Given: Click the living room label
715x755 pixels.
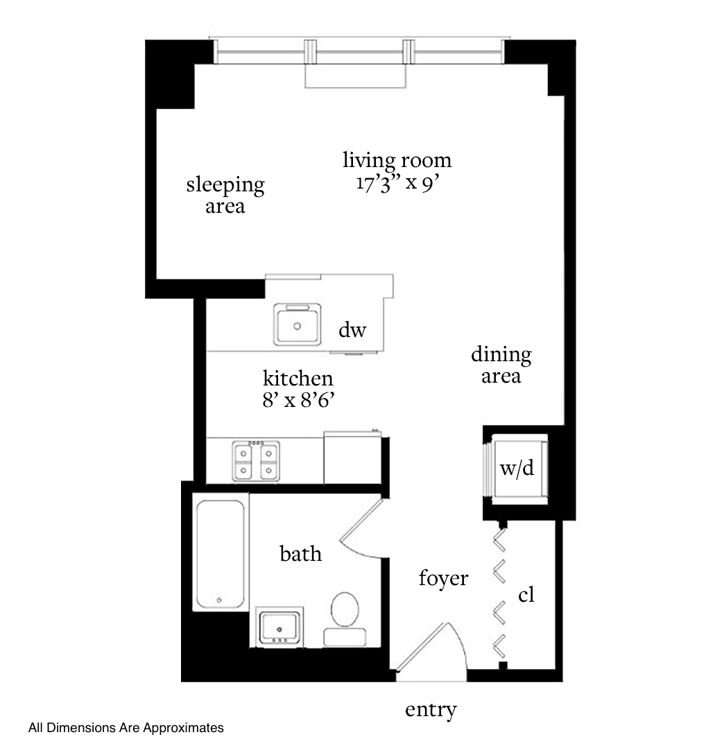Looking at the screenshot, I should [397, 161].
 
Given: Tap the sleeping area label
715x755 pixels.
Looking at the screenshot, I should [225, 196].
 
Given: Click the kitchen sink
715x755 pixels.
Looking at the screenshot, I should [297, 324].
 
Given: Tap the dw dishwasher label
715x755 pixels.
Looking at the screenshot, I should [352, 330].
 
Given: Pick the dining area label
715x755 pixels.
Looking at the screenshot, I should [501, 365].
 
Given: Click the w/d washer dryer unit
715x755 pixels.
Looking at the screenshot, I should [517, 469].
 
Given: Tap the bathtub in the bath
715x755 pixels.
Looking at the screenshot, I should [221, 552].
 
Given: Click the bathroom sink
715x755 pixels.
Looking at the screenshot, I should [279, 627].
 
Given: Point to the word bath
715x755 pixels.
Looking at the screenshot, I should [300, 554].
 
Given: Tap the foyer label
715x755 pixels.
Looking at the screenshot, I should [444, 578].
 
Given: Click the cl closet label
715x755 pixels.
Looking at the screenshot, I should [526, 595].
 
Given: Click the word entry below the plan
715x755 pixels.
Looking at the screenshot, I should [431, 710].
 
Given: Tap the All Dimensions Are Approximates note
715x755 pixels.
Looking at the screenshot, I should [126, 728].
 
